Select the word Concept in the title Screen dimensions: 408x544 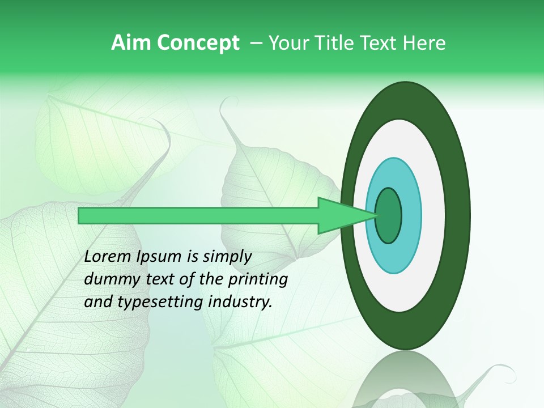pyautogui.click(x=198, y=43)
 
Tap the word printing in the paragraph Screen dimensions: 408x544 pyautogui.click(x=256, y=280)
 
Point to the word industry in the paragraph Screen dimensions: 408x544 pyautogui.click(x=239, y=302)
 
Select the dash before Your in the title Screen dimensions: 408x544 pyautogui.click(x=256, y=43)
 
